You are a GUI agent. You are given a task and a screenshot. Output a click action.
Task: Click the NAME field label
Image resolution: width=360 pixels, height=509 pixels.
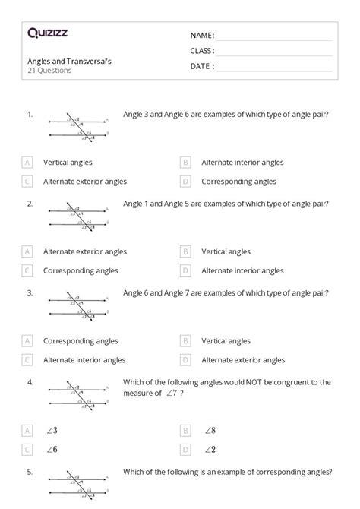pyautogui.click(x=202, y=35)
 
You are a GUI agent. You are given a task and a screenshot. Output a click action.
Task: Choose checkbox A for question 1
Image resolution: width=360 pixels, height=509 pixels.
pyautogui.click(x=27, y=162)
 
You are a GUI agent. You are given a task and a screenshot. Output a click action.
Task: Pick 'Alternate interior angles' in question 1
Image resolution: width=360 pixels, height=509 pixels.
pyautogui.click(x=242, y=162)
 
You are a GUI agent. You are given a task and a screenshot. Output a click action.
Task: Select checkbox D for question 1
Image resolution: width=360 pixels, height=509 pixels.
pyautogui.click(x=185, y=182)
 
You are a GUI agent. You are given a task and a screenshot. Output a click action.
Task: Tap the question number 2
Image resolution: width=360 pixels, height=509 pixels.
pyautogui.click(x=30, y=204)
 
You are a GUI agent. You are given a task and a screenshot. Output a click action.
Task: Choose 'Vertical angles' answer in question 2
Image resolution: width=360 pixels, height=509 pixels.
pyautogui.click(x=226, y=251)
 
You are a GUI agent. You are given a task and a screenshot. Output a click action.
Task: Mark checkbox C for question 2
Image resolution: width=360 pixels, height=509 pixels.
pyautogui.click(x=27, y=270)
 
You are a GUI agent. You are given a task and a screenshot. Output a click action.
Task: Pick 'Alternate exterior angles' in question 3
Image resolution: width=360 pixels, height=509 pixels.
pyautogui.click(x=243, y=360)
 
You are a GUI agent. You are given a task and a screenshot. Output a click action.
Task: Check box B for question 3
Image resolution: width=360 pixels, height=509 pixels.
pyautogui.click(x=185, y=341)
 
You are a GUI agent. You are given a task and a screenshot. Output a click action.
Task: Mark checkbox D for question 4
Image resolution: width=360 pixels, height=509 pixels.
pyautogui.click(x=185, y=449)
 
